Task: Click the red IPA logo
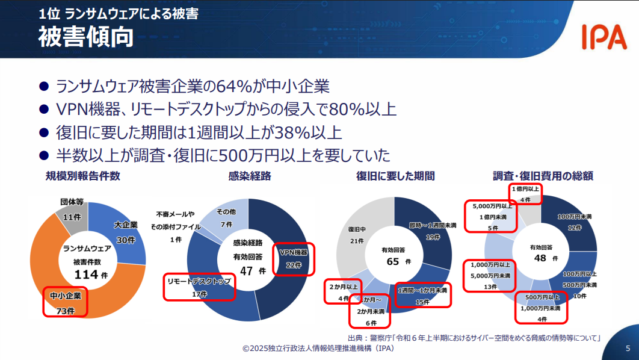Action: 604,37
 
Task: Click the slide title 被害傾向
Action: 86,37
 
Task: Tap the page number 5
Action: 628,348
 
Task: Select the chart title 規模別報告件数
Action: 82,176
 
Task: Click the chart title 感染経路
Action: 250,176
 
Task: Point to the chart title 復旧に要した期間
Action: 395,176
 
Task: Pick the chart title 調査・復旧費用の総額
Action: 543,176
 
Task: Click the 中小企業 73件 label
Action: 66,303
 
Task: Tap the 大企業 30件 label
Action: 126,232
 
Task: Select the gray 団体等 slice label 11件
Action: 72,217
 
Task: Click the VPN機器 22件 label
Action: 294,259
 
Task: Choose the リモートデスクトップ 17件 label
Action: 199,287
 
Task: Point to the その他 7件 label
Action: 226,218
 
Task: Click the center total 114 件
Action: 91,275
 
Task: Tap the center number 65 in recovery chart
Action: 393,261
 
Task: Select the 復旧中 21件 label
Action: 357,235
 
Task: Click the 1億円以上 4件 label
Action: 525,194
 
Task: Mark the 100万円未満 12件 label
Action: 575,222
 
